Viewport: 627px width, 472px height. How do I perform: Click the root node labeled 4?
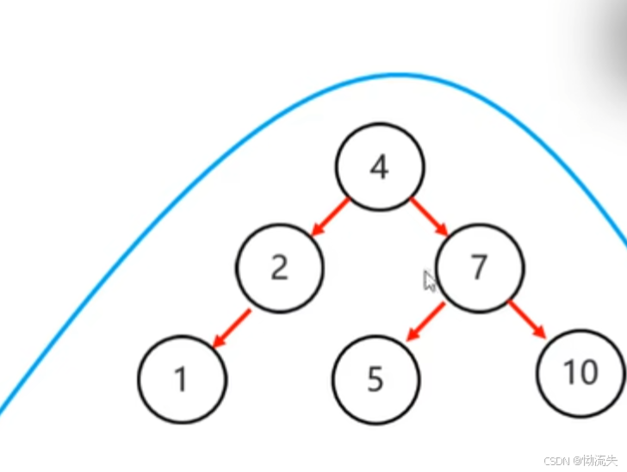pos(379,167)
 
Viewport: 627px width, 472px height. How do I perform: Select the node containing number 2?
pos(280,268)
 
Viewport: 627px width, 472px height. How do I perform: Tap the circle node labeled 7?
pos(480,268)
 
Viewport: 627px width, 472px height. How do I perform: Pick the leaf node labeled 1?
pos(182,379)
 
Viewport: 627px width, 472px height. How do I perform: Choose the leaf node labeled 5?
pos(376,379)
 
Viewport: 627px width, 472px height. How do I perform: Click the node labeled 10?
pos(580,372)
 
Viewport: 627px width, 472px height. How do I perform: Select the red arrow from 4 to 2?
pos(330,217)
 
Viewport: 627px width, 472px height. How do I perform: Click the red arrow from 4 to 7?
pos(430,217)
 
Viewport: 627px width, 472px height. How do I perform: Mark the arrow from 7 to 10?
pos(527,320)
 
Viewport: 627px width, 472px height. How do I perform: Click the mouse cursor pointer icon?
pos(430,281)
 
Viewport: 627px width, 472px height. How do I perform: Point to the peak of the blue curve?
pos(396,75)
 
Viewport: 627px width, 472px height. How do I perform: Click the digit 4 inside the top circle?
pos(379,168)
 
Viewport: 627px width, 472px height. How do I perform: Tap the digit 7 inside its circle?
pos(480,269)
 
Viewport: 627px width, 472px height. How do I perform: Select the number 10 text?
pos(580,373)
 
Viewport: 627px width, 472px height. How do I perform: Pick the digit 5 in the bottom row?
pos(376,380)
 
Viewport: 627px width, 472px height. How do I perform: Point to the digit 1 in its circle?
pos(182,380)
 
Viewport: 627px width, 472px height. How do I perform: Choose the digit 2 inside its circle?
pos(279,269)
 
